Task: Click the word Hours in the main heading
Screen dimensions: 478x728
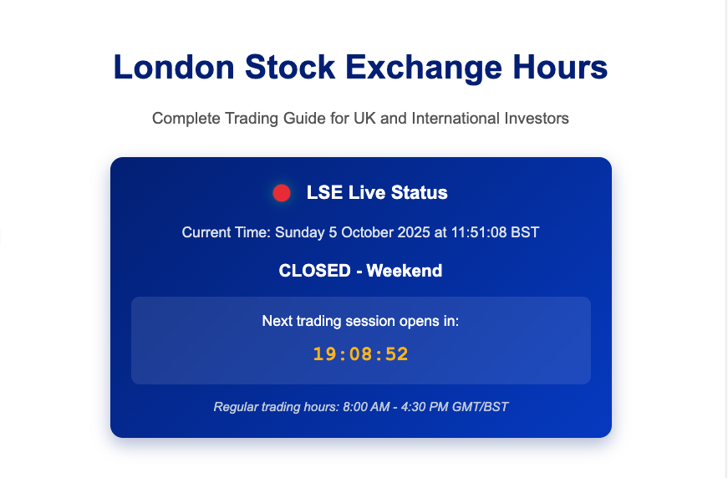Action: click(562, 68)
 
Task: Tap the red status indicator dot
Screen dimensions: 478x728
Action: click(282, 193)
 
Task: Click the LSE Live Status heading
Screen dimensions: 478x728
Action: click(377, 193)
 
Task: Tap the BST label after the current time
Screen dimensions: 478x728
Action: click(525, 232)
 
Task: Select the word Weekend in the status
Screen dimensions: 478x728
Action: click(404, 271)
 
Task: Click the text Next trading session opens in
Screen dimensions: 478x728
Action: click(360, 321)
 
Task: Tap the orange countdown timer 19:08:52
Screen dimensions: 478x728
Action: click(360, 353)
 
